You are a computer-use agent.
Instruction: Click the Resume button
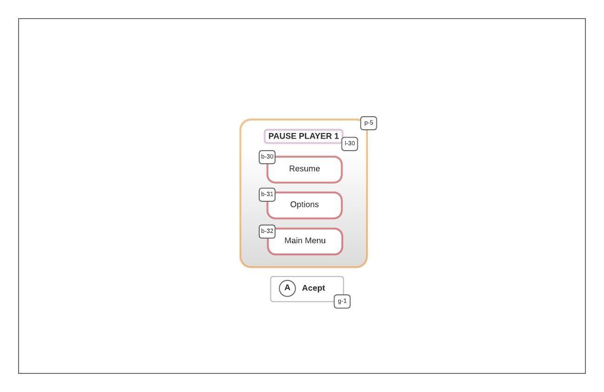pos(304,169)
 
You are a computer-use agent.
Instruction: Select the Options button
pos(304,205)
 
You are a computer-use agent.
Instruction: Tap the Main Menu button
pos(305,241)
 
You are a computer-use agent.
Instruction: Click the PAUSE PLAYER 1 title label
pos(303,136)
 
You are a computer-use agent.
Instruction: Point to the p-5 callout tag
pos(368,123)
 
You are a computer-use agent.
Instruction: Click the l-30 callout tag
pos(350,144)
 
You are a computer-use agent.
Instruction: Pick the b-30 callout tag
pos(267,157)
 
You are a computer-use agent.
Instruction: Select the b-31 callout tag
pos(267,194)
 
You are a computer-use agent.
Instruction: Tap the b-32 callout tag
pos(267,231)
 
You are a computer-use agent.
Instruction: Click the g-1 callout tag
pos(342,301)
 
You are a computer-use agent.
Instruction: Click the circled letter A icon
pos(287,288)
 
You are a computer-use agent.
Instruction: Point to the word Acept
pos(314,288)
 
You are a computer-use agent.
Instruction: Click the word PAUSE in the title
pos(282,136)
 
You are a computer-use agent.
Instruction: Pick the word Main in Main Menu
pos(293,240)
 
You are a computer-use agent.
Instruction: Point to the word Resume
pos(304,169)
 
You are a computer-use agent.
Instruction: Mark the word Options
pos(304,205)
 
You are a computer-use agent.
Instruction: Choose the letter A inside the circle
pos(287,288)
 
